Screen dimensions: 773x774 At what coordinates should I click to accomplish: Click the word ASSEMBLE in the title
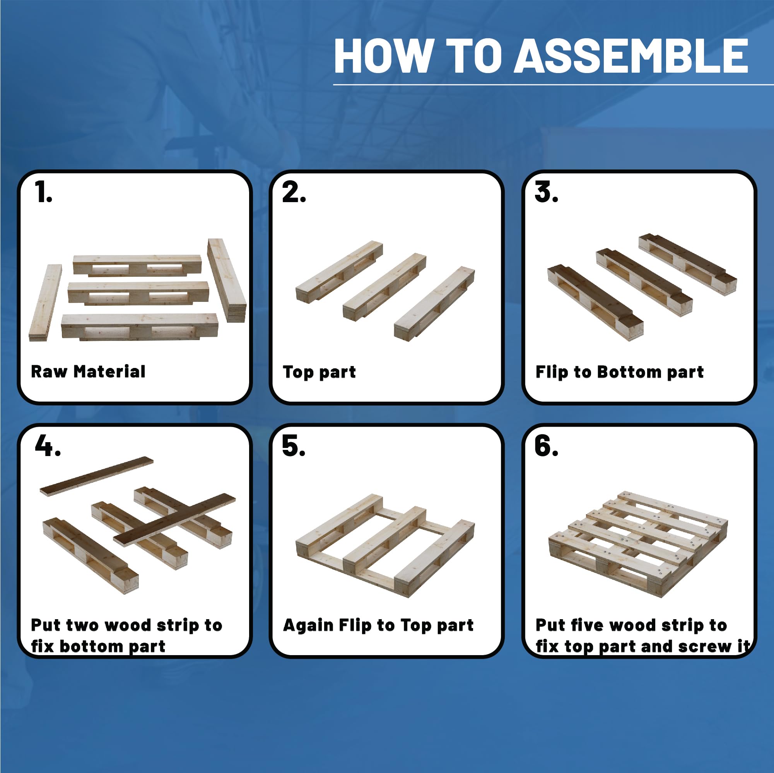click(x=631, y=56)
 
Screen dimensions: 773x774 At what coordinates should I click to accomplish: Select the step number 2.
click(x=293, y=192)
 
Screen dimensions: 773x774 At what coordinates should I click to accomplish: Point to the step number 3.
click(x=546, y=192)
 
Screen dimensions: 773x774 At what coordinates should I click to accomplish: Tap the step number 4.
click(x=47, y=446)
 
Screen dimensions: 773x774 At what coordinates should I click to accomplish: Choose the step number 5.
click(x=293, y=446)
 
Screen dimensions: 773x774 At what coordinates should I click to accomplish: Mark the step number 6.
click(x=546, y=446)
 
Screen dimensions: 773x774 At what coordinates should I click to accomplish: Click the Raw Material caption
click(x=88, y=371)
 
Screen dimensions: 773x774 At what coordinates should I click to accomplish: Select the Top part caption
click(x=319, y=372)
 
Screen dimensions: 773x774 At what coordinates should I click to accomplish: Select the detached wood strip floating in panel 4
click(x=97, y=475)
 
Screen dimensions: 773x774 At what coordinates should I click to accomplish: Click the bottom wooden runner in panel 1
click(x=139, y=326)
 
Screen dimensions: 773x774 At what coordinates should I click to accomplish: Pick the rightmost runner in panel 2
click(x=434, y=304)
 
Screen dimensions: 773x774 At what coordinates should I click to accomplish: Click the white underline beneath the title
click(x=553, y=85)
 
